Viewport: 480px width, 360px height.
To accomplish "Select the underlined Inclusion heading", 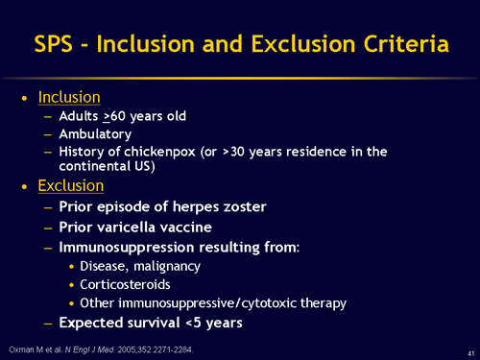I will tap(68, 98).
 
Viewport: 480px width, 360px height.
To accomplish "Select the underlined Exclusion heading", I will tap(70, 184).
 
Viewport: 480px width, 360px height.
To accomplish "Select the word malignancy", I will tap(170, 266).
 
